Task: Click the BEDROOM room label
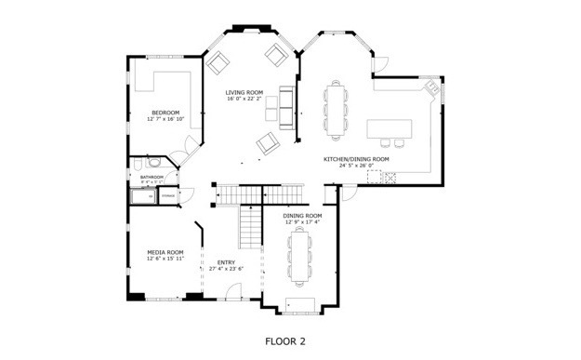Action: pos(165,113)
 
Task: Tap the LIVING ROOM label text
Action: pos(244,92)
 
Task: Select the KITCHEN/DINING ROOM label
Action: pos(355,159)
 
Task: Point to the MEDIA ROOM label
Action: pos(165,252)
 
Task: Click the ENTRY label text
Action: pos(226,262)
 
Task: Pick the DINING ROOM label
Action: pos(302,216)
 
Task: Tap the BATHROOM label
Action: pos(152,177)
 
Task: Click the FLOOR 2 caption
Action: pos(284,341)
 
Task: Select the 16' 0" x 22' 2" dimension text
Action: pos(244,99)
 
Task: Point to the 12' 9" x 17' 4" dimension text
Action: pos(302,222)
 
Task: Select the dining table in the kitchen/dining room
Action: pos(336,109)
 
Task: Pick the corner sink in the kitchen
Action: pos(430,88)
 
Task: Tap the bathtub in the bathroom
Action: pos(143,196)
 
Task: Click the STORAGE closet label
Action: pos(168,196)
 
